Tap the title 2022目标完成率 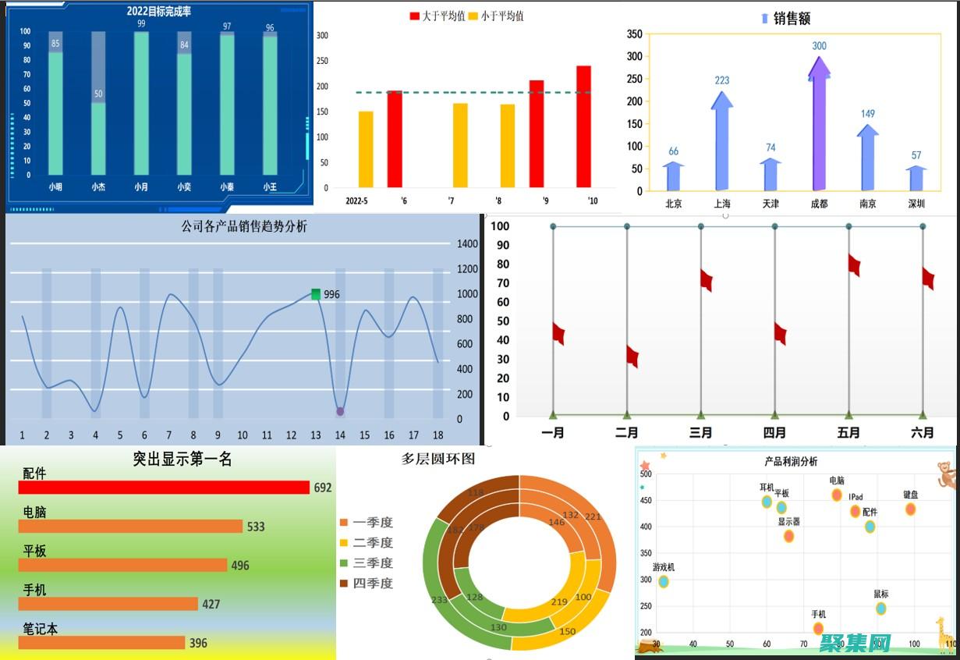point(159,12)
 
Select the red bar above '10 point(583,126)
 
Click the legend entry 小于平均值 point(496,16)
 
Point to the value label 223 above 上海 point(721,80)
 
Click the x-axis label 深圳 point(916,204)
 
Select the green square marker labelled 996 point(316,294)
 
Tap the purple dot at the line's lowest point point(340,411)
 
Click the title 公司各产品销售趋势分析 point(244,227)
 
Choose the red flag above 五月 point(854,265)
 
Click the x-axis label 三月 point(700,432)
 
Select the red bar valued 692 point(164,488)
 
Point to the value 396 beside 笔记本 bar point(198,643)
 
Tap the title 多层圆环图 point(438,459)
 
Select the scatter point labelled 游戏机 point(664,581)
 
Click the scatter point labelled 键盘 point(910,509)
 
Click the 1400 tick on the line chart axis point(468,244)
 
